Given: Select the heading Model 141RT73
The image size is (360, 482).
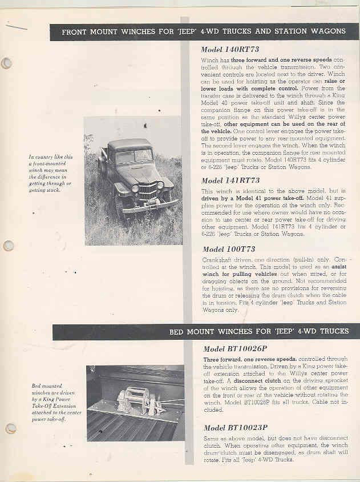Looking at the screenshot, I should (229, 180).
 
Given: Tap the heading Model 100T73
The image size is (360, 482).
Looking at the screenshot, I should (228, 249).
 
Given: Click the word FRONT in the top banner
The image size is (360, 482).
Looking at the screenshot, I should (77, 31).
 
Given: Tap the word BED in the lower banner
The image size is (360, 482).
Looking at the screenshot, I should (178, 332).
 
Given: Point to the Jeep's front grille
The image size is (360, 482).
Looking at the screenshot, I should (148, 192).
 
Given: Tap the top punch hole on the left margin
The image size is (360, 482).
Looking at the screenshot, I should (6, 63).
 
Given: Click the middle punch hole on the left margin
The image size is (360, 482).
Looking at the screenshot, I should (8, 246).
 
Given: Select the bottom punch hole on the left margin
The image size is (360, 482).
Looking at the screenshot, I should (10, 428).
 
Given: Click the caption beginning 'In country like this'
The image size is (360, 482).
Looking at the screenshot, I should (51, 174).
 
